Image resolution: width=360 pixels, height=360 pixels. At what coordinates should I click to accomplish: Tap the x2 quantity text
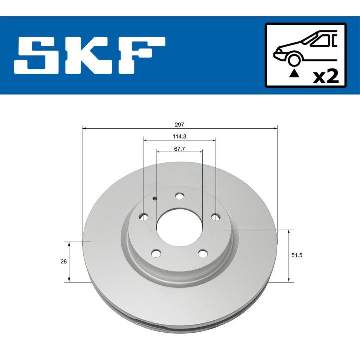tap(325, 76)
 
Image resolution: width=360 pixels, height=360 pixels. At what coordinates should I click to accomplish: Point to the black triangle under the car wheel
tap(295, 74)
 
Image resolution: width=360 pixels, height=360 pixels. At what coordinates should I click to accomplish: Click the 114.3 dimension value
tap(179, 136)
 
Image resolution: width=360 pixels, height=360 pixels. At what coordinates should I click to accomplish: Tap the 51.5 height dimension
tap(300, 255)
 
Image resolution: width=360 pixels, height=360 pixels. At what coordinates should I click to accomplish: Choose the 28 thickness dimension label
tap(59, 261)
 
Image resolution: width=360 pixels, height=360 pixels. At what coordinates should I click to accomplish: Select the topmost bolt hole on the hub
tap(180, 196)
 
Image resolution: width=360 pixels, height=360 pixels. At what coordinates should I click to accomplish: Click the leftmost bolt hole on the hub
tap(144, 217)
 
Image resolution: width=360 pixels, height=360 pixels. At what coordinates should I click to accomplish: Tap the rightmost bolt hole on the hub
tap(215, 217)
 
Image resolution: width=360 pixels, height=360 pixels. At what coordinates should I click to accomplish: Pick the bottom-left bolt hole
tap(156, 253)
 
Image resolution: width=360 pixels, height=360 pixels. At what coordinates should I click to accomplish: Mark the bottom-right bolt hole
tap(202, 253)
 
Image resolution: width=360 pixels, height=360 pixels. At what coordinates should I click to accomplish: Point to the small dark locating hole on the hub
tap(156, 199)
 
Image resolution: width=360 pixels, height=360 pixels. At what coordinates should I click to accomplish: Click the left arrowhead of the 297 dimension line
tap(84, 128)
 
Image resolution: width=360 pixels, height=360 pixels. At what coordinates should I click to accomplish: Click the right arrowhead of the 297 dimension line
tap(275, 128)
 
